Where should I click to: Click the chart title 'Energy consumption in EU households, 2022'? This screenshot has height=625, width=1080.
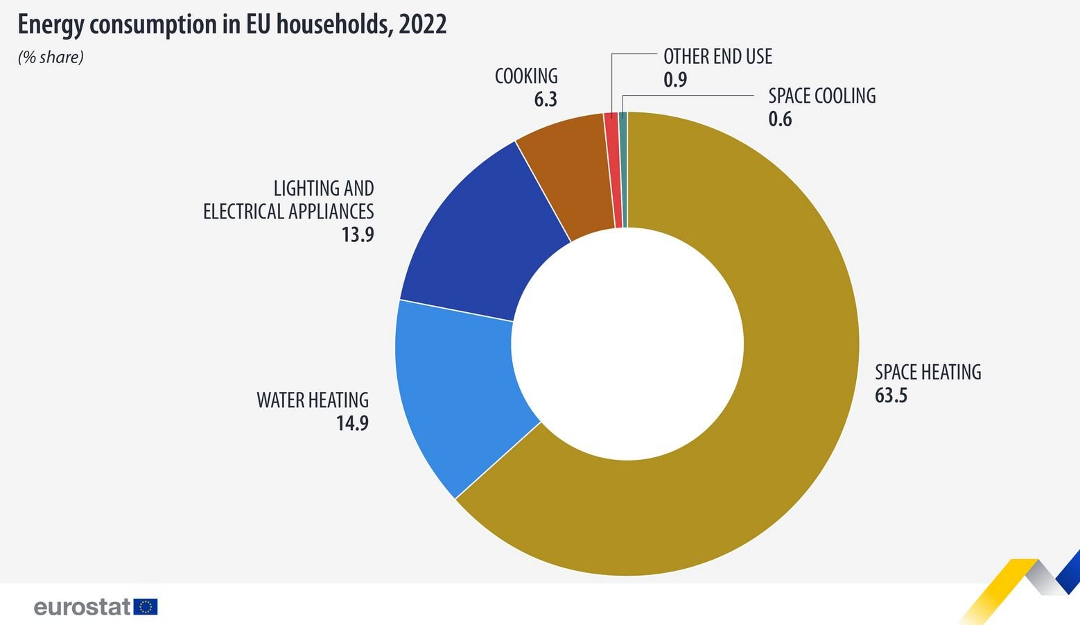coord(232,25)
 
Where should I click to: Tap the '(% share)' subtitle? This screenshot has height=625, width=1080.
coord(51,58)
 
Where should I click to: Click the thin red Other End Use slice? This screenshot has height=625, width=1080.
coord(611,170)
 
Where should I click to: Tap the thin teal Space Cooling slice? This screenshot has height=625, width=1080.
coord(623,170)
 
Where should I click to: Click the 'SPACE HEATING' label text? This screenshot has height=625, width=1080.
coord(927,373)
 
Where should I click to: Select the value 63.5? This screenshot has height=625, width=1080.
coord(891,396)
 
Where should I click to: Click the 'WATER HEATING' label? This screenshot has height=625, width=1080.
coord(313,400)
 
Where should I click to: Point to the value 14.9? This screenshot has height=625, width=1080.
coord(352,423)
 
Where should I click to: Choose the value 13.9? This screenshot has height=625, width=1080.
coord(357,235)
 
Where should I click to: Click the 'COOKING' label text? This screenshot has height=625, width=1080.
coord(526,76)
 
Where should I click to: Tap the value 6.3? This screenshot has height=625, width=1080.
coord(545,100)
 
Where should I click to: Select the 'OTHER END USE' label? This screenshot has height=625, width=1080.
coord(717,57)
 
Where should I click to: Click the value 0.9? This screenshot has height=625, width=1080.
coord(674,80)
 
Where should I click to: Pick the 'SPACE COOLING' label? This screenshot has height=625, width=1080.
coord(821,96)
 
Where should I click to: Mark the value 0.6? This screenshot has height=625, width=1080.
coord(780,119)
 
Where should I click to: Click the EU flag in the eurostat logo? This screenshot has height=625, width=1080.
coord(146,607)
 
